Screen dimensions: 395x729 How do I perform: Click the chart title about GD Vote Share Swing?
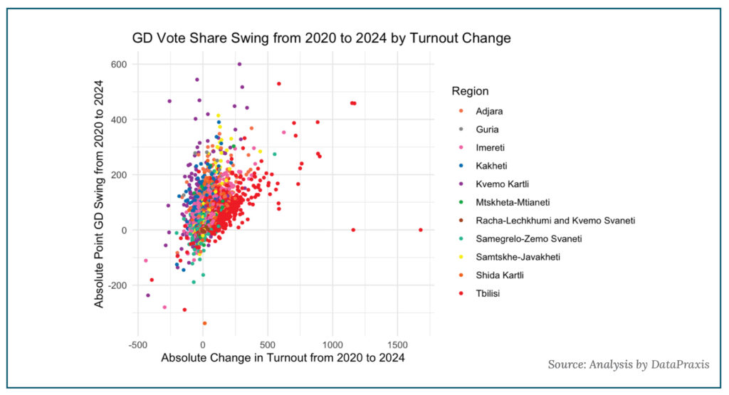(321, 38)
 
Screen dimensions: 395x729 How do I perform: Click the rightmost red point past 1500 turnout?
(421, 229)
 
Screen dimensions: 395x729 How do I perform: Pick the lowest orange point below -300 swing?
(204, 323)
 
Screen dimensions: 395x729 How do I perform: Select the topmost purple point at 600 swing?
(239, 64)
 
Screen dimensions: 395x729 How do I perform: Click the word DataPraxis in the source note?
(680, 364)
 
